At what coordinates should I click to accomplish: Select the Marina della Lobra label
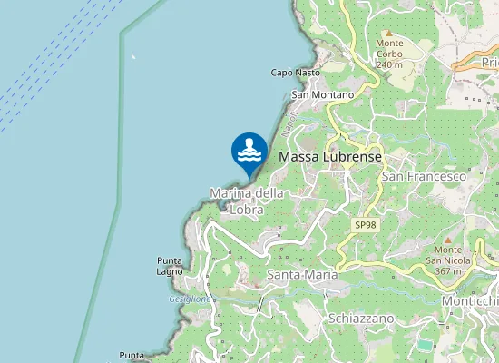(x=247, y=201)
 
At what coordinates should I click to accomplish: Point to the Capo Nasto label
(x=296, y=73)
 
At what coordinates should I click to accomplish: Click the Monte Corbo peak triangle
(x=388, y=33)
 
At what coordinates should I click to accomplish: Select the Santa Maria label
(x=303, y=274)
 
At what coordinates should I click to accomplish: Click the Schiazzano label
(x=361, y=319)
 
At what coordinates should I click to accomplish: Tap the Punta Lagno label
(x=170, y=266)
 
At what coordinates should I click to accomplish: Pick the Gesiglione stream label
(x=190, y=299)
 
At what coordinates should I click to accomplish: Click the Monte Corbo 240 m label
(x=389, y=54)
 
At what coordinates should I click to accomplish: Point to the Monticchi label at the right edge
(x=469, y=300)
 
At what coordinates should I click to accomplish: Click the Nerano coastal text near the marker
(x=289, y=128)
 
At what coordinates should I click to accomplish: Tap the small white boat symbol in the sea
(x=133, y=57)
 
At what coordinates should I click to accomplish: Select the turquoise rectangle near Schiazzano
(x=424, y=346)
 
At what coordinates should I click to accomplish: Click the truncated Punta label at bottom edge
(x=132, y=355)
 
